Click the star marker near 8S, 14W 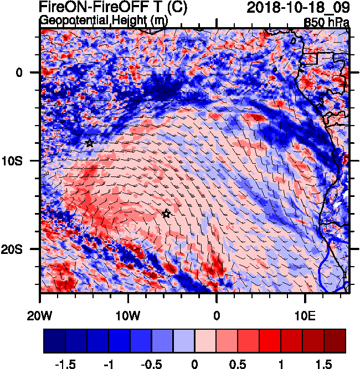pyautogui.click(x=90, y=143)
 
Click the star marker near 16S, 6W pyautogui.click(x=166, y=214)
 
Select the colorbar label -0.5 pyautogui.click(x=151, y=363)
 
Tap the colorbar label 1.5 pyautogui.click(x=325, y=363)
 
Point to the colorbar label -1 pyautogui.click(x=109, y=363)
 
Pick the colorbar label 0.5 pyautogui.click(x=238, y=363)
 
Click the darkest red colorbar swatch pyautogui.click(x=335, y=341)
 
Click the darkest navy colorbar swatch pyautogui.click(x=54, y=341)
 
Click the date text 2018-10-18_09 pyautogui.click(x=297, y=8)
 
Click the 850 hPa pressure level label pyautogui.click(x=326, y=22)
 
